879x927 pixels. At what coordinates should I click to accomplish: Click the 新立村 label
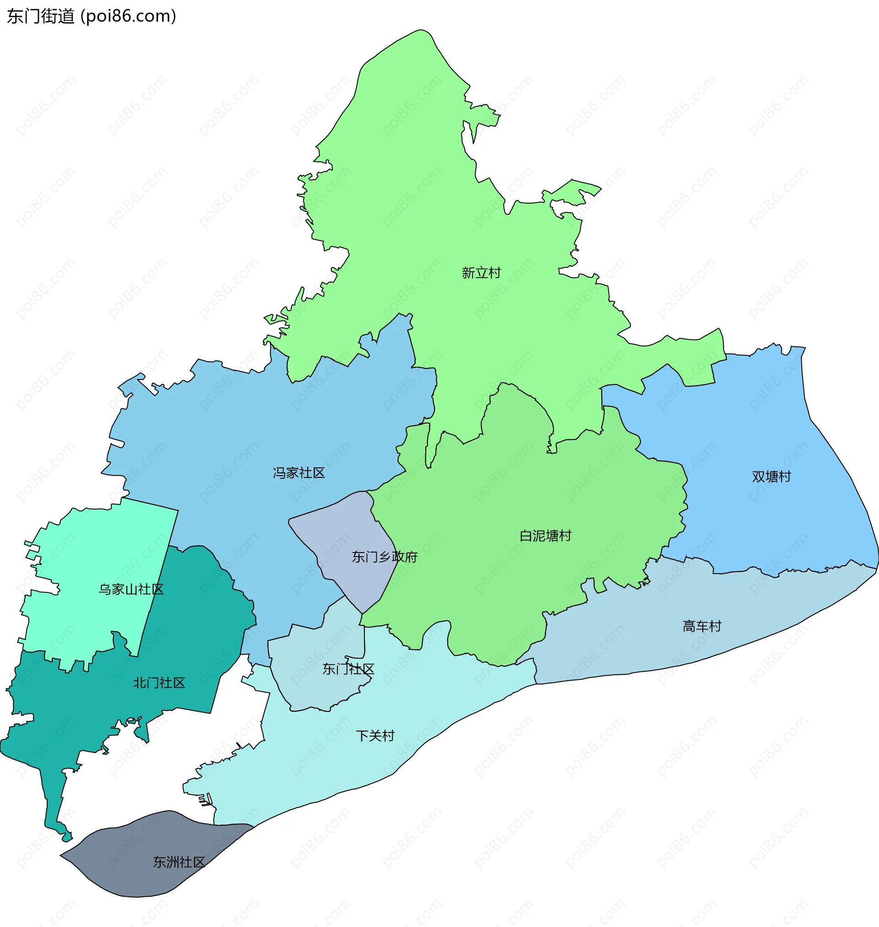[481, 273]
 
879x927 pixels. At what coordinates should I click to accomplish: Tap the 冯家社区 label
[298, 472]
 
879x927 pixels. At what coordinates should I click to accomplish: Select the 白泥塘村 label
[545, 536]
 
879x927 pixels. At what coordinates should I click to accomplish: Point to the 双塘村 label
[771, 477]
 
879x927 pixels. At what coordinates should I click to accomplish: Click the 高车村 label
[701, 626]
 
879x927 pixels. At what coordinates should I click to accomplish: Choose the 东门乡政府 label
[384, 557]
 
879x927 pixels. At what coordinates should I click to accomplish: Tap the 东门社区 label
[348, 669]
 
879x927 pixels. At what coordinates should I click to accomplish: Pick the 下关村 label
[375, 736]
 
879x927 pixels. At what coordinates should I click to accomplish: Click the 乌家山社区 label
[131, 589]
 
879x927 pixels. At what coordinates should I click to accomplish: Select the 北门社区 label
[159, 683]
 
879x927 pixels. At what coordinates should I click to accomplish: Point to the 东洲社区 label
[179, 862]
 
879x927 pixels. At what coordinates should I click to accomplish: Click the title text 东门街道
[41, 16]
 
